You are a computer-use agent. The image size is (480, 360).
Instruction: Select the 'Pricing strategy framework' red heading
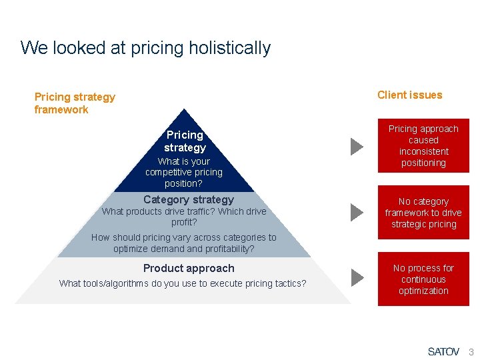pos(75,103)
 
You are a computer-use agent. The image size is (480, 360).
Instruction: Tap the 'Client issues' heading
pos(409,95)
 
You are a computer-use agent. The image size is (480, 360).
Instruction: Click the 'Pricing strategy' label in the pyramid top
pos(185,141)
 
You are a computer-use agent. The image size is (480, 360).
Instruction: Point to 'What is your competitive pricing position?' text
pos(184,172)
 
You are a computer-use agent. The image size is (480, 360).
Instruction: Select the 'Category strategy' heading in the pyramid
pos(189,199)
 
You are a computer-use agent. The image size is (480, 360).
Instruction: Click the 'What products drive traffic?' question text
pos(183,217)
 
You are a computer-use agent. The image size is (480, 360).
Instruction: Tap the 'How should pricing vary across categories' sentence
pos(183,243)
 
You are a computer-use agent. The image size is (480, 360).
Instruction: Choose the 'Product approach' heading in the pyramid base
pos(189,268)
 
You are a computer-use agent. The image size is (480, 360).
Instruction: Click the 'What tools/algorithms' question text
pos(183,283)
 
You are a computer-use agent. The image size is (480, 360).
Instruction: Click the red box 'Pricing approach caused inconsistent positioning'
pos(423,145)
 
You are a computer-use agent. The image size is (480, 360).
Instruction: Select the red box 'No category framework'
pos(423,213)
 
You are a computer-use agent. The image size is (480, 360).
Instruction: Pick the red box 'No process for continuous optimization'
pos(423,279)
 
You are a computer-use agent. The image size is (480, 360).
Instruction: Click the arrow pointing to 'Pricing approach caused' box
pos(357,146)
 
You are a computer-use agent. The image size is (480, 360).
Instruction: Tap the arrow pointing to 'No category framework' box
pos(357,213)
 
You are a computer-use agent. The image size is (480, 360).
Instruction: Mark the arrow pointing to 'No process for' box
pos(357,277)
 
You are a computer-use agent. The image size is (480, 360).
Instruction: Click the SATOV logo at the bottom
pos(443,351)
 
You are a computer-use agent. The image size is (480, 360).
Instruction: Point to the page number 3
pos(471,351)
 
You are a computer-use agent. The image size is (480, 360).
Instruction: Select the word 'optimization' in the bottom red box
pos(423,291)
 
